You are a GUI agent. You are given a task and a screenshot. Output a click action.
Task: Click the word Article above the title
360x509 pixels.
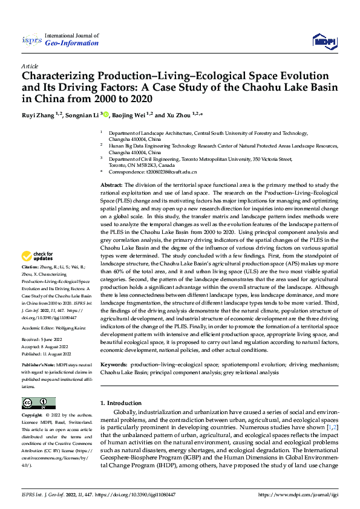click(x=30, y=66)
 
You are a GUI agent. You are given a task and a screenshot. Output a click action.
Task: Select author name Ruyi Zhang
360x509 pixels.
click(x=38, y=114)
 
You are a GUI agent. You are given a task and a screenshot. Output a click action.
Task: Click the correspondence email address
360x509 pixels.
click(x=169, y=172)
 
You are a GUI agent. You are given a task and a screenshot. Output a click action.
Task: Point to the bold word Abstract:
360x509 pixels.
click(x=111, y=184)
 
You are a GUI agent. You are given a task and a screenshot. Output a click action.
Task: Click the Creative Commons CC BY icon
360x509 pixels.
click(x=38, y=403)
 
